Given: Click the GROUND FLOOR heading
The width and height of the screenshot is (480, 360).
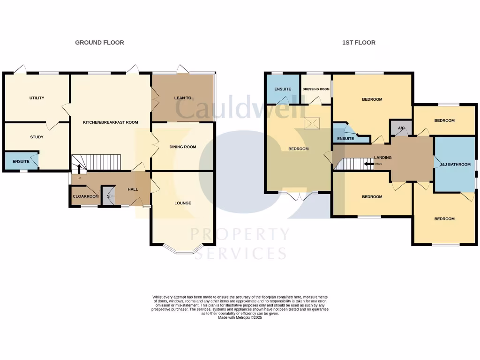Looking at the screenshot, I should [99, 43].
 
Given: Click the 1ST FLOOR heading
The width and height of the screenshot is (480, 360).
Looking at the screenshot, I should [359, 43].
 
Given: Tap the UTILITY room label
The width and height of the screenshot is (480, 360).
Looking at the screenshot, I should [37, 98].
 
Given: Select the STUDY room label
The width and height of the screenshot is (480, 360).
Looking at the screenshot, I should [37, 137].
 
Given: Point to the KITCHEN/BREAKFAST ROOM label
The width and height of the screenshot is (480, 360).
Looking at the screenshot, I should [111, 122].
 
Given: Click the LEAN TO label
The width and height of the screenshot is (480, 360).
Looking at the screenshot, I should [183, 98].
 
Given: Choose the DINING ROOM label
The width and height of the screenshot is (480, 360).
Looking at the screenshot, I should [183, 147].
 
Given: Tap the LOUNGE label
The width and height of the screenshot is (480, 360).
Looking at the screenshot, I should [183, 203].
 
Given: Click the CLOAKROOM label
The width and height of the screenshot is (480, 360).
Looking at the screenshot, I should [85, 196].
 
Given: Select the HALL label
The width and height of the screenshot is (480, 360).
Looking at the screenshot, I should [133, 189].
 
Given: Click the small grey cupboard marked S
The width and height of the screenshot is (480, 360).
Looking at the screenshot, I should [108, 196].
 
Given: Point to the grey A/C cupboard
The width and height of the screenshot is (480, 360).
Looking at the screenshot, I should [401, 128].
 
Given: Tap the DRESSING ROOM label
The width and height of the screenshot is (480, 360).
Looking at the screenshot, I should [316, 89].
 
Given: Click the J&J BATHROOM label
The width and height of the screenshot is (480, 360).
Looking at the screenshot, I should [455, 165].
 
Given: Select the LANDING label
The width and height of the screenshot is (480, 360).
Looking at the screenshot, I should [382, 157].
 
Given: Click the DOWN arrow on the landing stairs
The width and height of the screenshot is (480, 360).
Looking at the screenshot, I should [368, 164].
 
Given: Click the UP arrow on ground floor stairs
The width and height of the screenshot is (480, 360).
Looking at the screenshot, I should [79, 167].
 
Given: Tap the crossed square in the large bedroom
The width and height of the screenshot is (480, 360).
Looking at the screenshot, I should [311, 123].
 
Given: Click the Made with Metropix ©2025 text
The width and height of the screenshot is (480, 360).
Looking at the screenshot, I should [240, 317].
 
